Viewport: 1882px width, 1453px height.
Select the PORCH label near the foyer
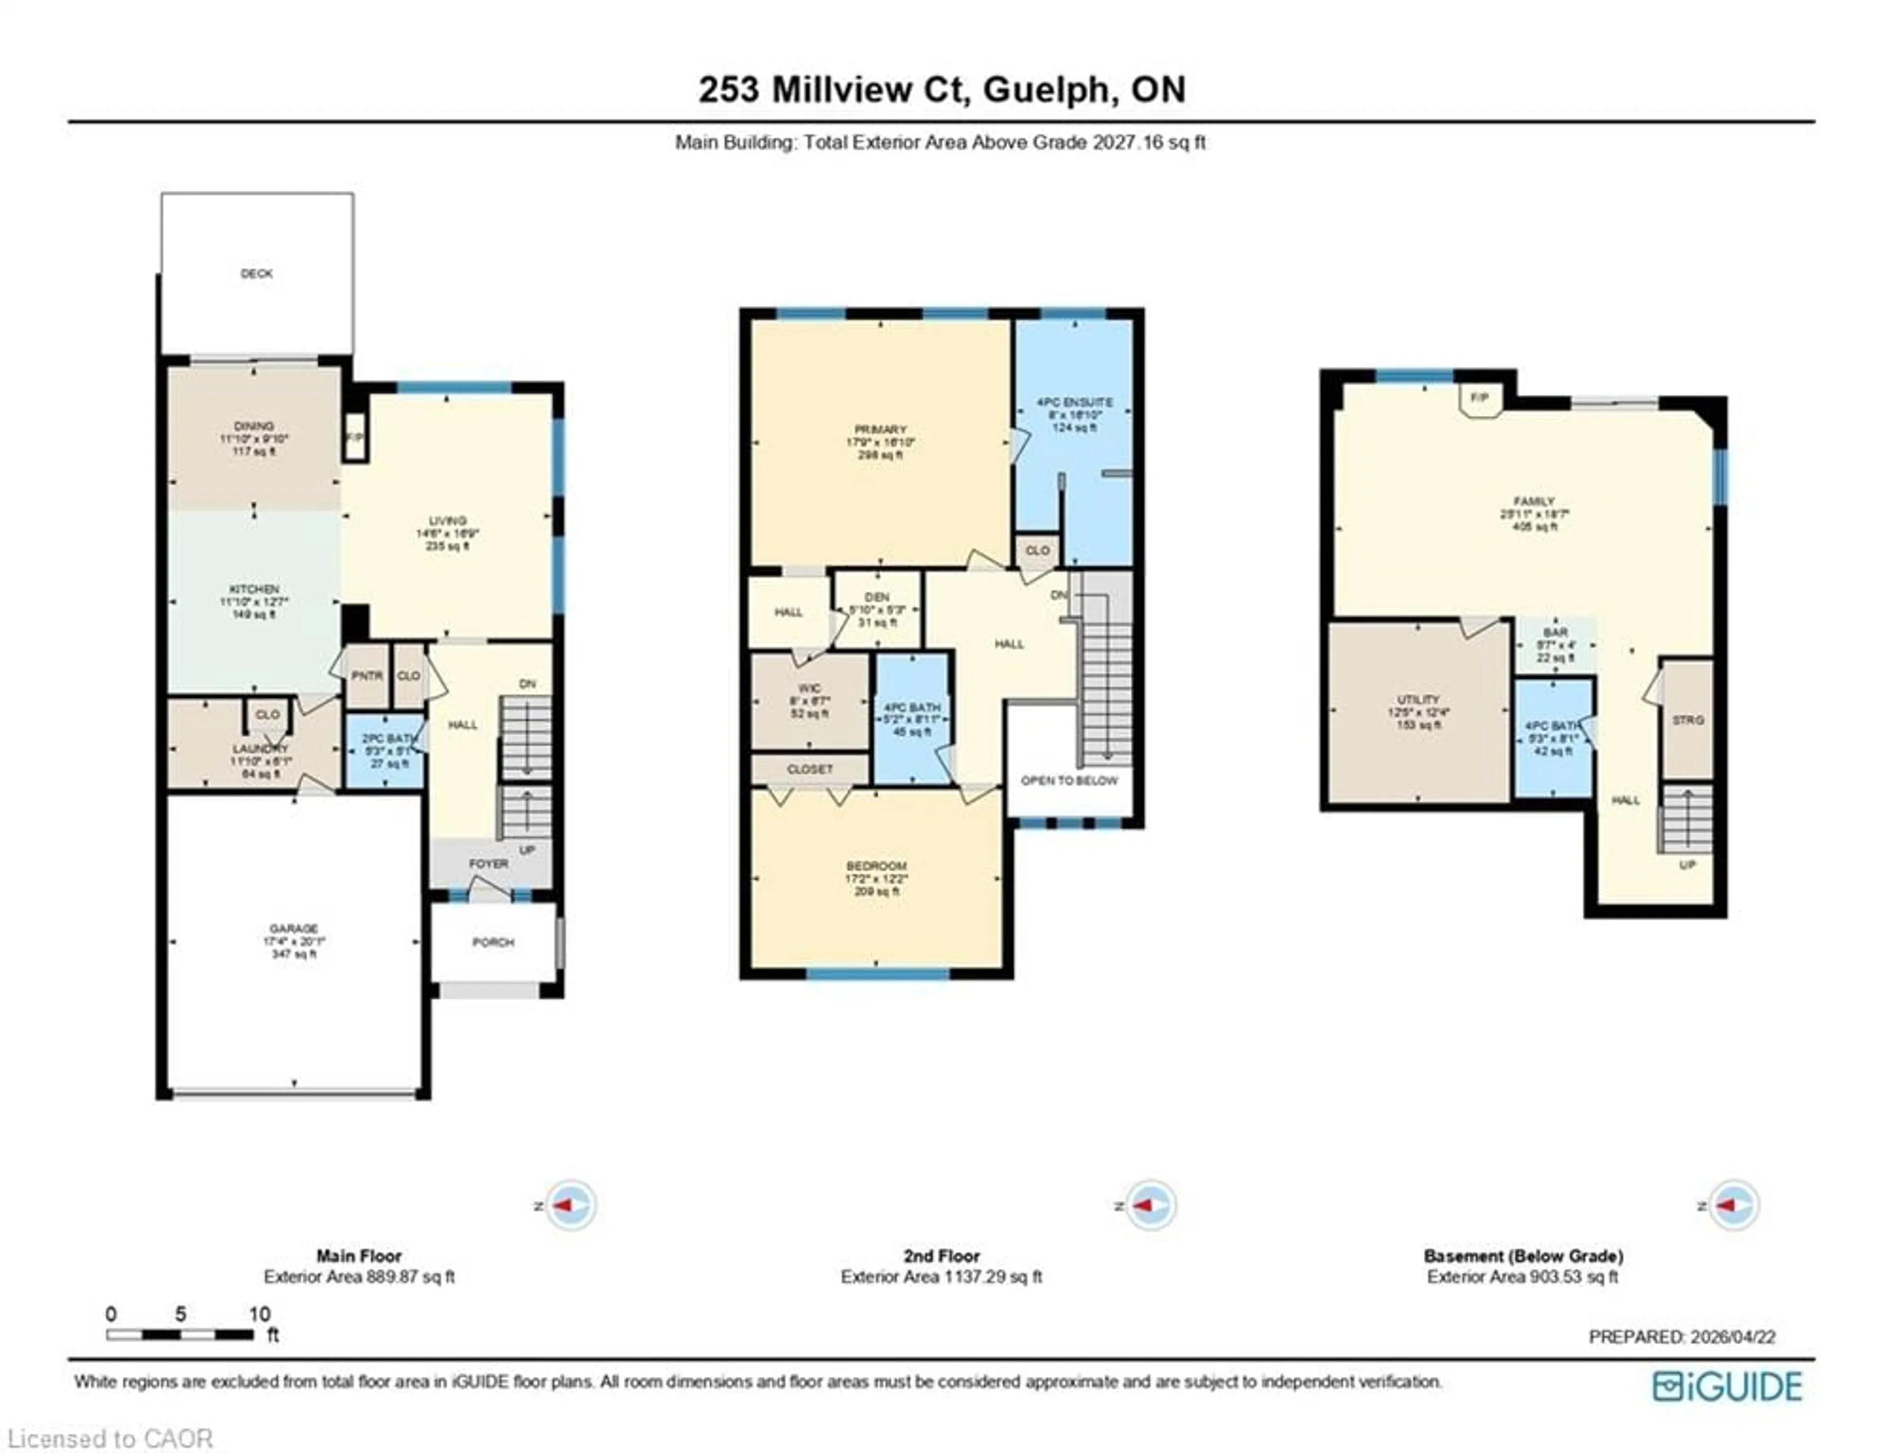493,942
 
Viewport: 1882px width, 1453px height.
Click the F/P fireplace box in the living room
354,438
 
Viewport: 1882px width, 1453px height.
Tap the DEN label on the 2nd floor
877,597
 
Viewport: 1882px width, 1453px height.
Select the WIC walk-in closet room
809,700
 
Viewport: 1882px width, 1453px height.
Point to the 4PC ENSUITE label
1074,402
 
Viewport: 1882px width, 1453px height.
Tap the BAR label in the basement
1556,632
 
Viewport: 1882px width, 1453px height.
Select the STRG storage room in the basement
1687,720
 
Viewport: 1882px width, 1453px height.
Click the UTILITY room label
1417,700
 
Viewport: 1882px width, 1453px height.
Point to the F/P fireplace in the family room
1480,398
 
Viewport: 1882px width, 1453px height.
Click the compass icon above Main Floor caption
570,1205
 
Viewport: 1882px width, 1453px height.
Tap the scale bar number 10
259,1314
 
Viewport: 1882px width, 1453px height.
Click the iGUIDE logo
1727,1387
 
